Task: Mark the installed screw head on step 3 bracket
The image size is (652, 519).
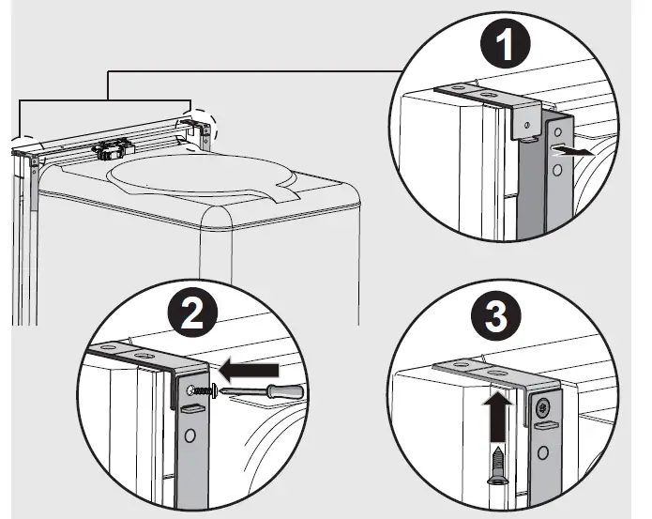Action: tap(543, 408)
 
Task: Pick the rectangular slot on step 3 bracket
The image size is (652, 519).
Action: tap(544, 427)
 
